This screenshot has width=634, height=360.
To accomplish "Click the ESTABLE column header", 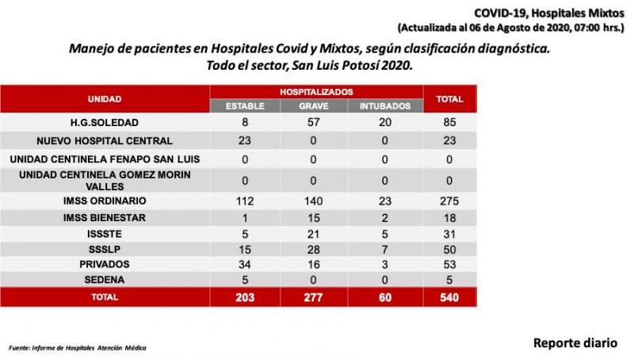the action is [245, 106].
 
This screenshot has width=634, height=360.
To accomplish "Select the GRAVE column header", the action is [313, 106].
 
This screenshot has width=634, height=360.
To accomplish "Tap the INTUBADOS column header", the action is [385, 106].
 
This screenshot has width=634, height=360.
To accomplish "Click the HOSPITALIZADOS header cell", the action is [316, 92].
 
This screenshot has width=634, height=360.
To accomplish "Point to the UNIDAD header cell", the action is [105, 99].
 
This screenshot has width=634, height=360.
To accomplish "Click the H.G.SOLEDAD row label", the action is [105, 123].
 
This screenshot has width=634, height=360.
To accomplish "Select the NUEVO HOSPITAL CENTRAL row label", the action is [105, 141].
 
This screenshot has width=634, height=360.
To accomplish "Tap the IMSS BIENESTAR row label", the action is [105, 217].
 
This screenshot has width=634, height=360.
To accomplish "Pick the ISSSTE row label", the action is [105, 234].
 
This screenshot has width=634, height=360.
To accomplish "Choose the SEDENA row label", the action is [105, 279].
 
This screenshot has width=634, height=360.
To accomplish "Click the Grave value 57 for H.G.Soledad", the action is [313, 122].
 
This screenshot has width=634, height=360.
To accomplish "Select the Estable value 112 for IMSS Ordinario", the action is [245, 201].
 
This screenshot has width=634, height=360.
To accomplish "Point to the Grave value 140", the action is [313, 201].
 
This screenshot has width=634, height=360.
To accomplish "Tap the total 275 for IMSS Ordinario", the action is [449, 201].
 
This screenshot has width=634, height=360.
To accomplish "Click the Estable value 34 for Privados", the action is [245, 265].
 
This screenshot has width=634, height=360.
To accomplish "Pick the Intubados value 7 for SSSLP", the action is [384, 250].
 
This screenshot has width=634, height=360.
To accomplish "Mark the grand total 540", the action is [449, 297].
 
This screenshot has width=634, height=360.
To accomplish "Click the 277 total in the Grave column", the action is [313, 297].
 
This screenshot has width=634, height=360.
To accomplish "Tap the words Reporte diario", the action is [575, 343].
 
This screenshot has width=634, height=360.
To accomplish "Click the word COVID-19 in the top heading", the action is [501, 13].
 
